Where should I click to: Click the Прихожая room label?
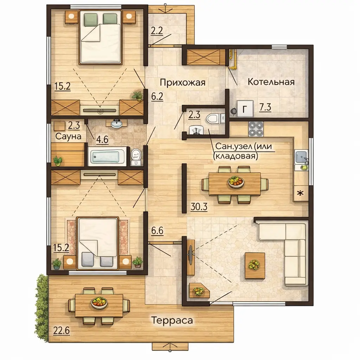[x=182, y=82]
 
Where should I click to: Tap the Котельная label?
[x=271, y=82]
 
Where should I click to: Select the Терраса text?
[x=172, y=320]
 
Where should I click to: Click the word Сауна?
[x=69, y=137]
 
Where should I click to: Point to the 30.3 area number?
[x=199, y=207]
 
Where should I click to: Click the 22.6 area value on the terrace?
[x=61, y=330]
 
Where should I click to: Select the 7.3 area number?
[x=265, y=107]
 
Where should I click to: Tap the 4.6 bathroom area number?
[x=102, y=140]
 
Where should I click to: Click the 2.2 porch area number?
[x=157, y=31]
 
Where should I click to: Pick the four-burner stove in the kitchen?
[x=256, y=129]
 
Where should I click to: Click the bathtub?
[x=107, y=156]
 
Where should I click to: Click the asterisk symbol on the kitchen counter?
[x=300, y=193]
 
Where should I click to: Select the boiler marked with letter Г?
[x=245, y=109]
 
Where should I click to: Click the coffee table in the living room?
[x=255, y=266]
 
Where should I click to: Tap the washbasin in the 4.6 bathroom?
[x=117, y=123]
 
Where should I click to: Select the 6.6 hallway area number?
[x=157, y=231]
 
